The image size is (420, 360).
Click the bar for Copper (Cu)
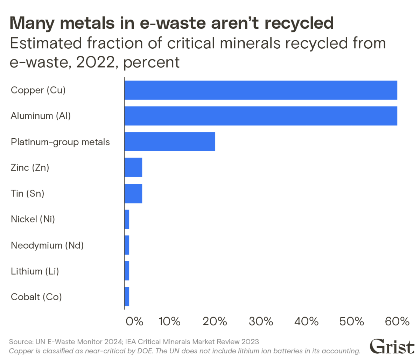coord(261,90)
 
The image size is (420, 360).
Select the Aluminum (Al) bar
coord(261,116)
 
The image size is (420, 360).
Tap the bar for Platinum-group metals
coord(170,142)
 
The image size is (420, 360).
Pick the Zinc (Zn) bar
coord(133,167)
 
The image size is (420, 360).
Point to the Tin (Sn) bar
coord(133,193)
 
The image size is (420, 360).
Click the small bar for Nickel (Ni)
coord(127,219)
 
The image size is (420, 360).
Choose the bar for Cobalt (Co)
coord(127,297)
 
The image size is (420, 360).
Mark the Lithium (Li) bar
coord(127,271)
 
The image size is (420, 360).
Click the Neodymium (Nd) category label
coord(47,245)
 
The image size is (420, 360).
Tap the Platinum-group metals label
coord(61,142)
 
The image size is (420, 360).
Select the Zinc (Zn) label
coord(30,168)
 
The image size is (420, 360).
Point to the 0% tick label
coord(134,321)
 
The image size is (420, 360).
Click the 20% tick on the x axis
coord(215,321)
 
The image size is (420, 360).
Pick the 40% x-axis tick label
coord(306,321)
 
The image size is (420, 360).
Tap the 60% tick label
coord(397,321)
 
